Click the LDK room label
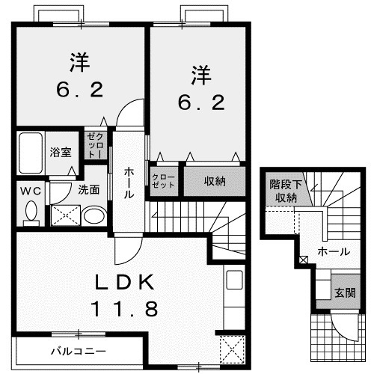click(x=125, y=282)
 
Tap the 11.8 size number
click(x=125, y=308)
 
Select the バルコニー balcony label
click(x=79, y=350)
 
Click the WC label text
click(x=31, y=189)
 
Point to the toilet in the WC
click(x=31, y=213)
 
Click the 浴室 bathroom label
click(x=61, y=152)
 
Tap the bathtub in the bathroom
click(x=31, y=152)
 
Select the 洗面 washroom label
click(x=89, y=189)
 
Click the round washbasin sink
click(x=94, y=217)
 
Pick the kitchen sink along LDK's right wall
click(x=233, y=283)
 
